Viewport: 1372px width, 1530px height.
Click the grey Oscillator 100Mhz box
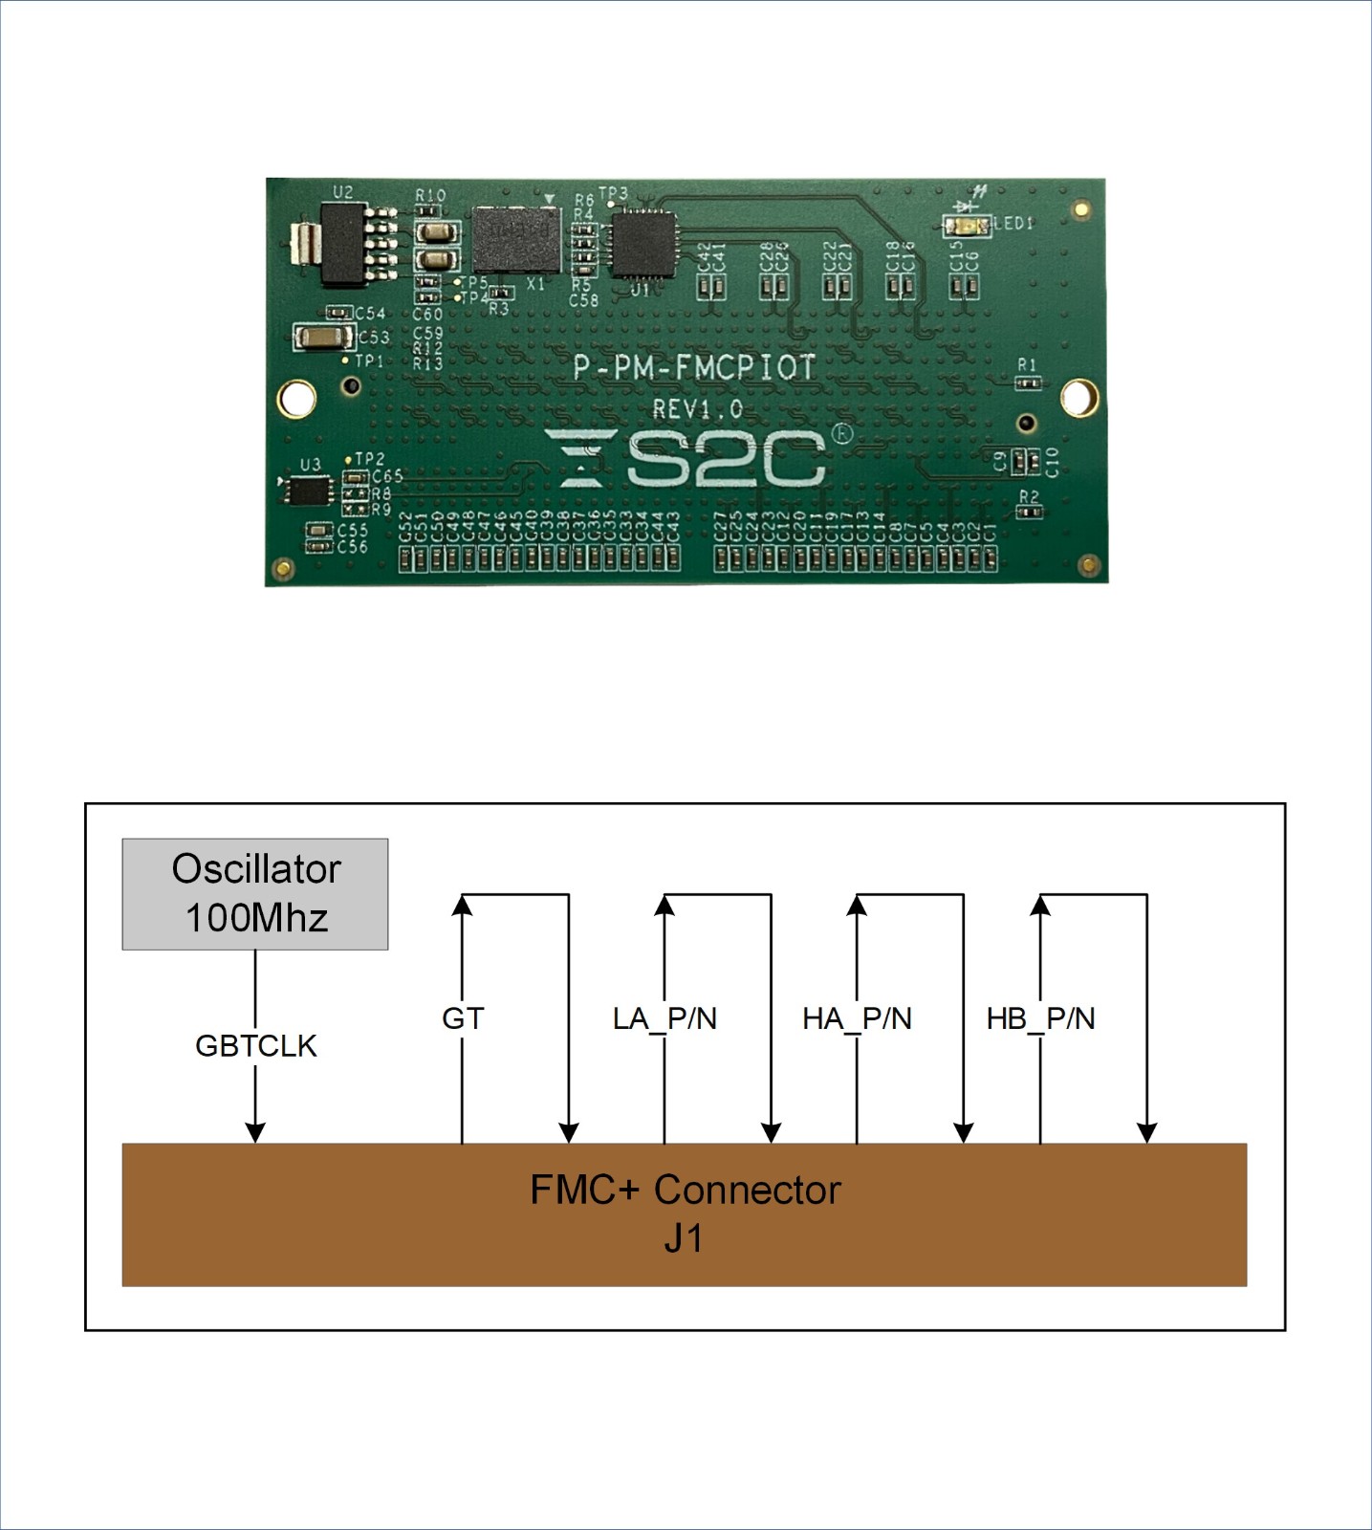coord(255,894)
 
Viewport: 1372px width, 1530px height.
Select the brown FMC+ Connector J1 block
coord(685,1214)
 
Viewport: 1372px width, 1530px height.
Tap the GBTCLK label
coord(255,1045)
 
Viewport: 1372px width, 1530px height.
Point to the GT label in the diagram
coord(463,1018)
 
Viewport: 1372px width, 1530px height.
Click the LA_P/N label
coord(664,1018)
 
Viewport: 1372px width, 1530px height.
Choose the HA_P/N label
coord(857,1018)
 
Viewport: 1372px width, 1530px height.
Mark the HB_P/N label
coord(1040,1018)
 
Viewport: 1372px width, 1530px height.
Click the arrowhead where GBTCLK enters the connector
coord(255,1132)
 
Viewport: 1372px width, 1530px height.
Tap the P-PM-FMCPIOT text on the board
coord(694,368)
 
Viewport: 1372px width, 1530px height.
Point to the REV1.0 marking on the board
coord(697,409)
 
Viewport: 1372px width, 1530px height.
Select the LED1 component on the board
coord(967,226)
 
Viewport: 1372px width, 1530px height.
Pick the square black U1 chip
coord(642,245)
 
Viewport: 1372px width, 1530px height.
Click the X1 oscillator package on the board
coord(515,239)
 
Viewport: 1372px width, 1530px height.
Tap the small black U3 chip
coord(309,491)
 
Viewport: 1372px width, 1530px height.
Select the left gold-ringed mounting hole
coord(296,398)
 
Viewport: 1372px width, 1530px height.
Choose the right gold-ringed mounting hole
coord(1078,397)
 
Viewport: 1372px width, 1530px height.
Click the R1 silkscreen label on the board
coord(1027,364)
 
